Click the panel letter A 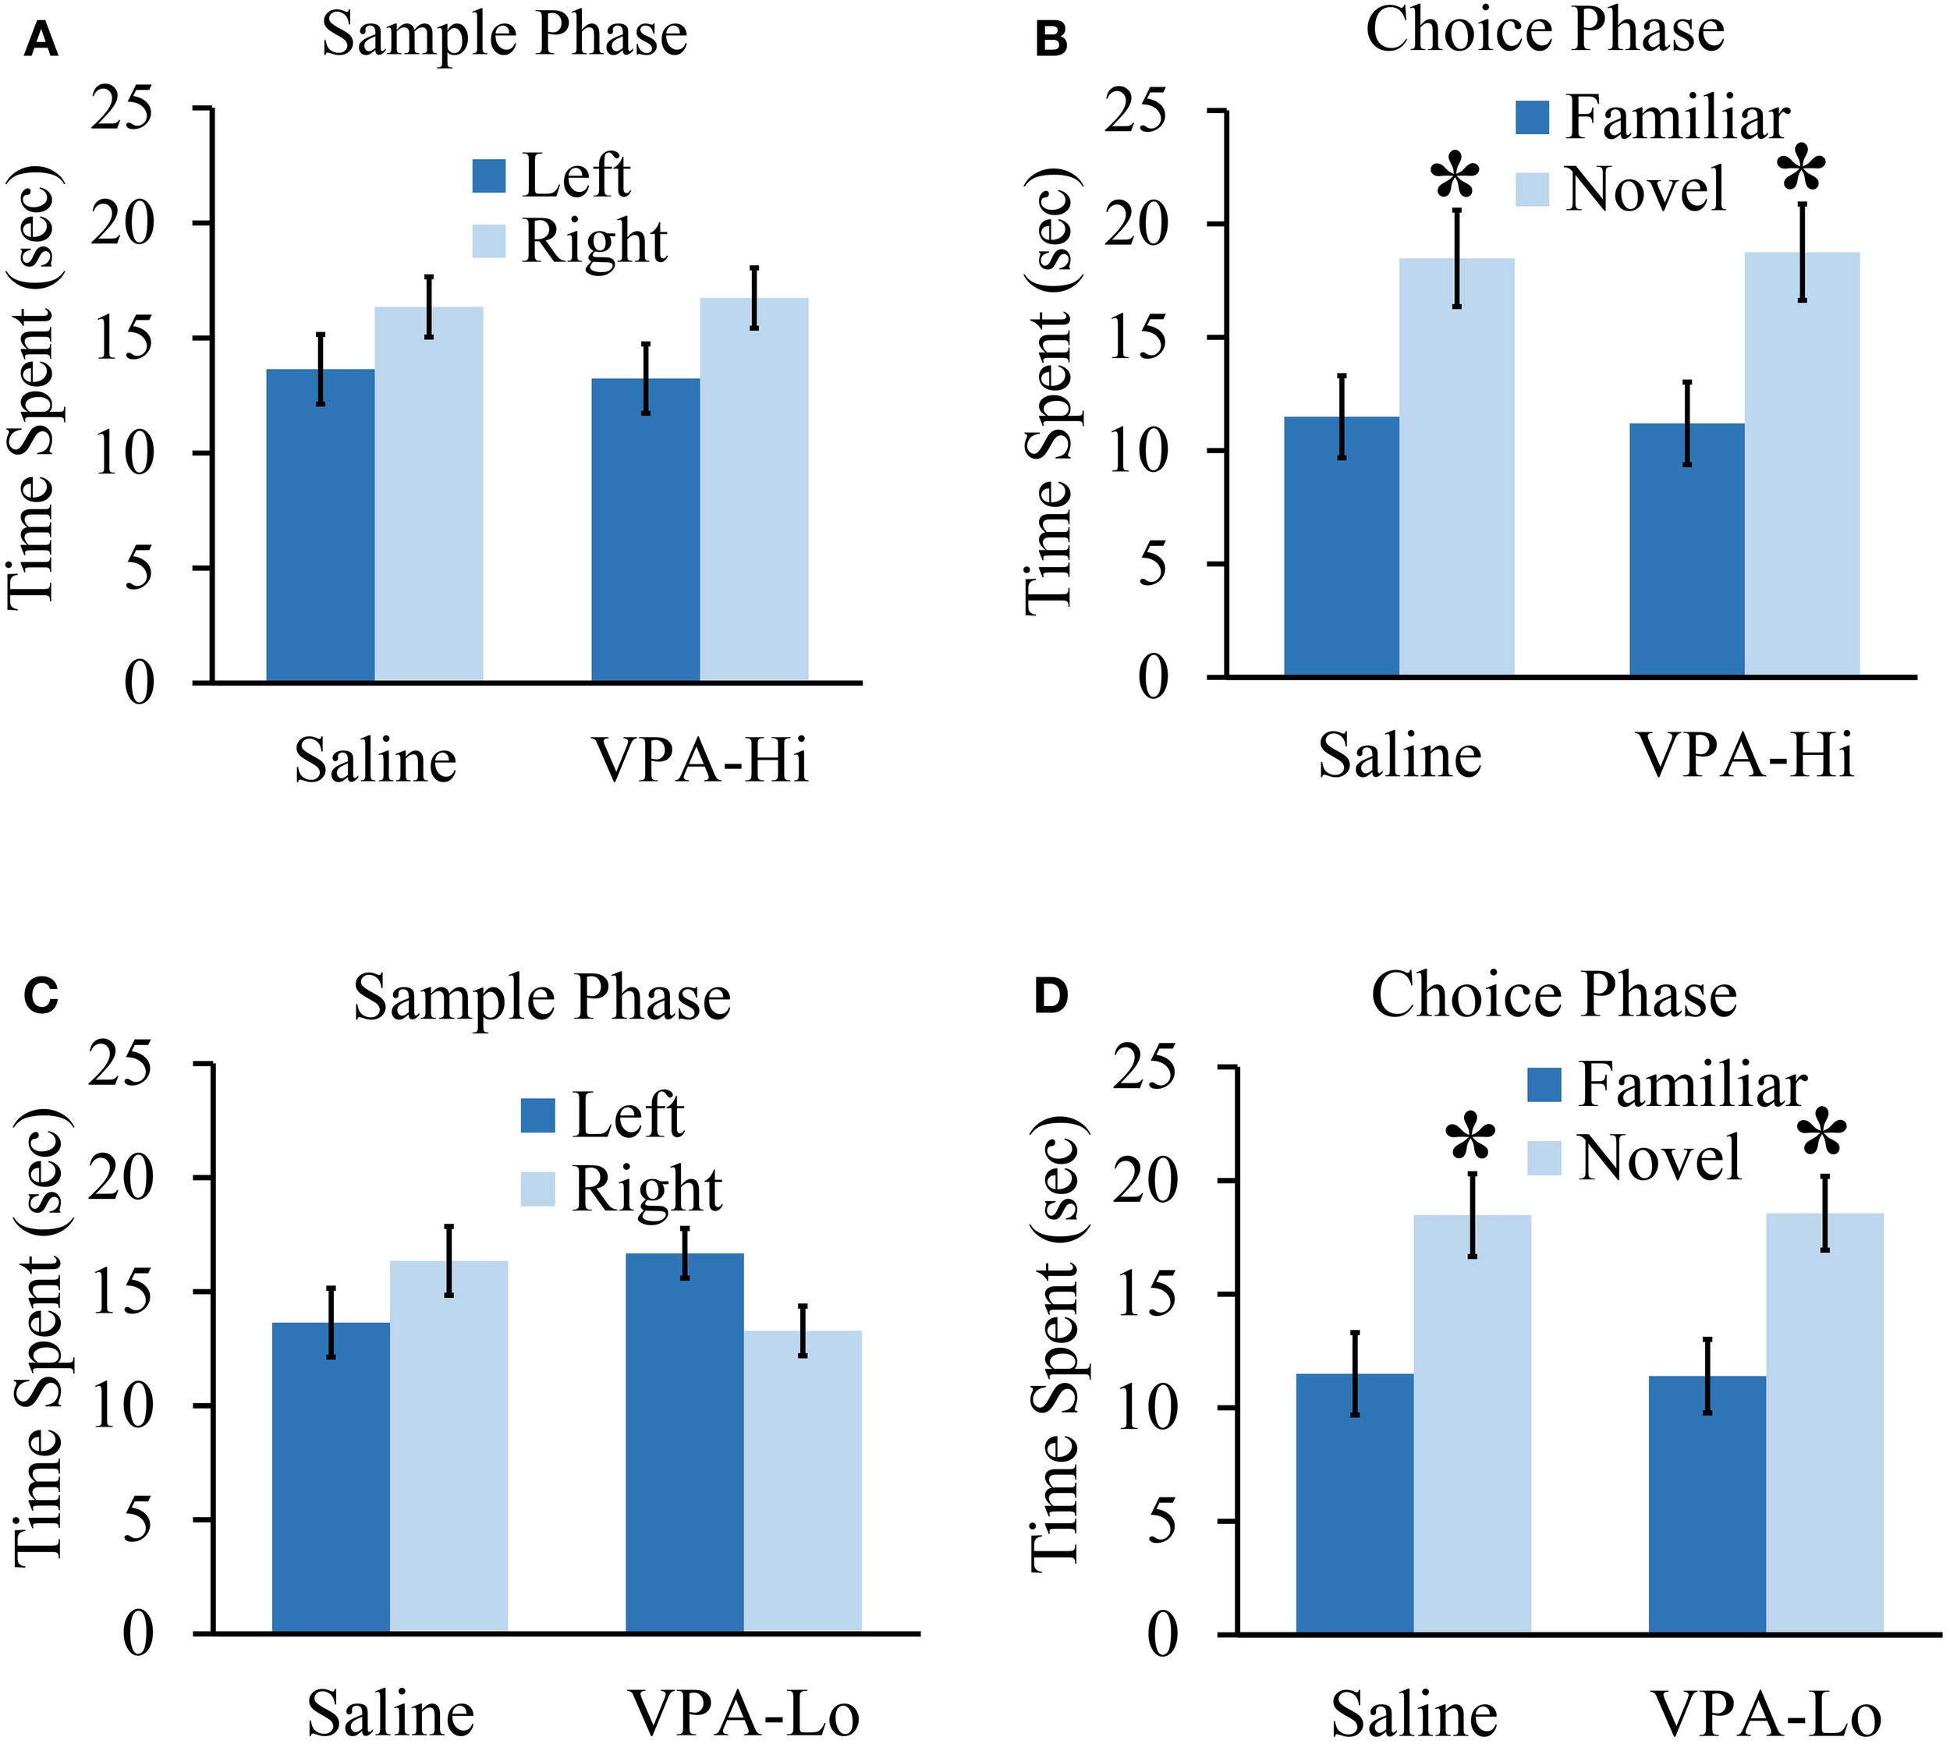41,41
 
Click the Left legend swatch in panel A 489,176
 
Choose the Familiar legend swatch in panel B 1532,118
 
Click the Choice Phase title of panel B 1544,30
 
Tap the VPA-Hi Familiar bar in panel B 1686,550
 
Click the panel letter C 41,997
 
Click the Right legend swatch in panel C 537,1189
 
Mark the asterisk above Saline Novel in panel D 1471,1141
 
